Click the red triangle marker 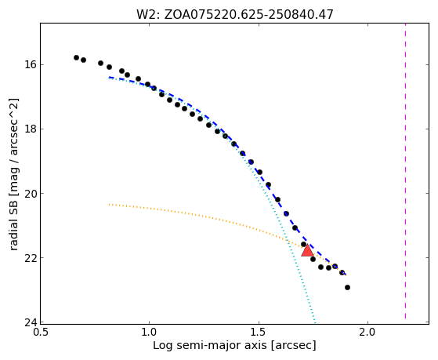point(307,251)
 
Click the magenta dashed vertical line point(405,171)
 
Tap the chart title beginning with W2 point(235,14)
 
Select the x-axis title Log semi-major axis point(234,345)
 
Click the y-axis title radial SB point(13,174)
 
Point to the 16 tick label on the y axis point(31,64)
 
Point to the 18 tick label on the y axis point(31,129)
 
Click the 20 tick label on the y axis point(31,193)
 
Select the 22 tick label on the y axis point(31,257)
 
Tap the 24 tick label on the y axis point(31,322)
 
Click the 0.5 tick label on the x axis point(41,333)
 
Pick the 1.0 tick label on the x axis point(150,333)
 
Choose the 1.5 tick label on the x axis point(259,333)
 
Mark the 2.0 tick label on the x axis point(368,333)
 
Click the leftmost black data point point(77,57)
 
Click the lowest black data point point(347,287)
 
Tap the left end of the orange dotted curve point(109,205)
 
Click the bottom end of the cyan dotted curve point(315,321)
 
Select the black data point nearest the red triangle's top point(304,244)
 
